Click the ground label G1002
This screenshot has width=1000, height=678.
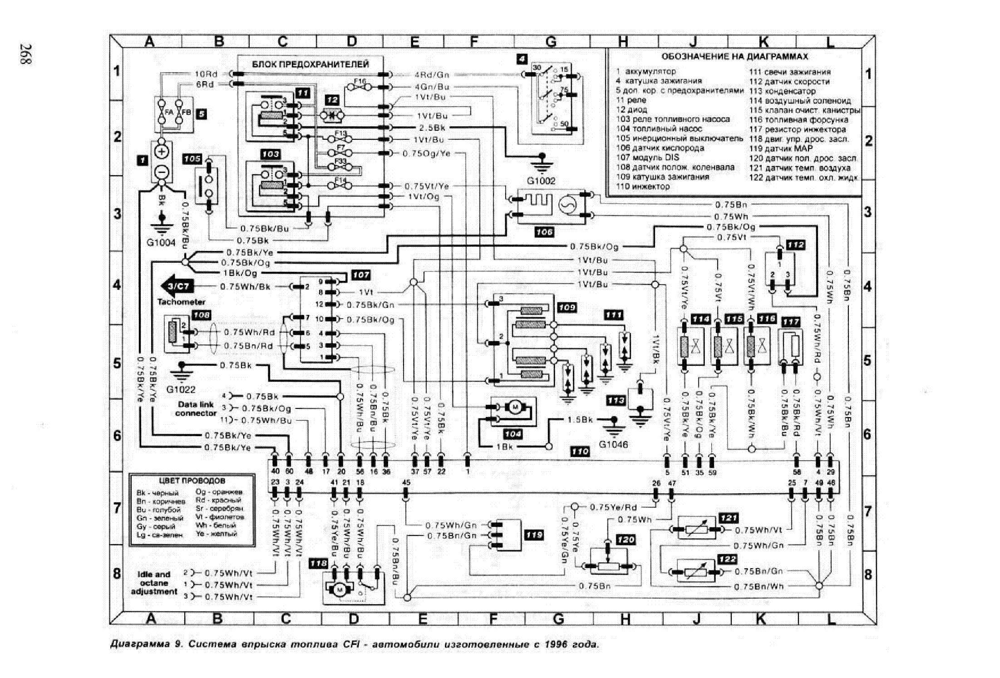tap(541, 181)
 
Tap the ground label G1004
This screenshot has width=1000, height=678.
tap(161, 242)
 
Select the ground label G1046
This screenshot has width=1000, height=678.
tap(613, 444)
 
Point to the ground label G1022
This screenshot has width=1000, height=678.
tap(181, 389)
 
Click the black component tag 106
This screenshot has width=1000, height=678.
tap(544, 232)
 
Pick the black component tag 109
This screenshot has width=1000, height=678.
tap(567, 307)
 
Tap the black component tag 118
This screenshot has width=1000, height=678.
tap(318, 563)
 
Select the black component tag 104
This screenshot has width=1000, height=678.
tap(512, 434)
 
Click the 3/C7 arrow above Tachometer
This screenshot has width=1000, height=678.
tap(177, 286)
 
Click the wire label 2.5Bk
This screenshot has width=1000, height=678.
tap(432, 128)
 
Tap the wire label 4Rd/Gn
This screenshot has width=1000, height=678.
tap(431, 74)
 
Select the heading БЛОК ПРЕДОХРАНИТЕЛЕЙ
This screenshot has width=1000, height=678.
tap(310, 64)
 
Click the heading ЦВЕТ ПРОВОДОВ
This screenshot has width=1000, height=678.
tap(192, 481)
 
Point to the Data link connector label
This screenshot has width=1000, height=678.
tap(196, 408)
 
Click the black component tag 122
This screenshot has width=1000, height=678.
tap(727, 559)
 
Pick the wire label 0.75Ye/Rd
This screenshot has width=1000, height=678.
tap(613, 507)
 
